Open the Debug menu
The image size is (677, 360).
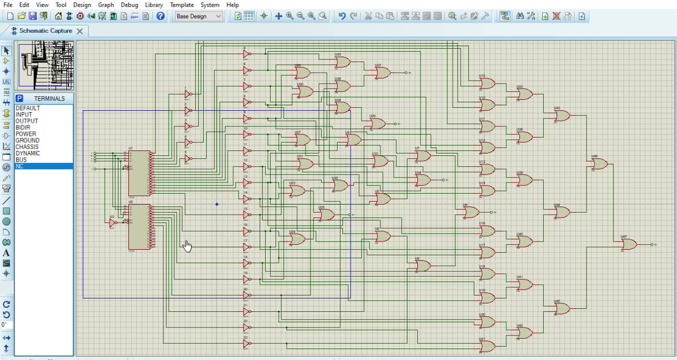coord(129,4)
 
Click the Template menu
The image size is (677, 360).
coord(182,4)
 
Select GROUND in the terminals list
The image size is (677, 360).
coord(28,140)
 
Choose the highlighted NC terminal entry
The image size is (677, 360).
coord(20,166)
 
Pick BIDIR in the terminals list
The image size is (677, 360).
coord(23,127)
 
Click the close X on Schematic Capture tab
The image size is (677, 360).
coord(80,31)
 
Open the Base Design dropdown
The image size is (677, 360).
coord(199,16)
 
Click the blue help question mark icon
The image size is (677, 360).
coord(160,16)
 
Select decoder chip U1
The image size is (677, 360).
coord(139,174)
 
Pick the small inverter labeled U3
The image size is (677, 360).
coord(113,222)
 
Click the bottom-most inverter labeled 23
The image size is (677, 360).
coord(246,343)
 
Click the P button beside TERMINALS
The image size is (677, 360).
coord(20,98)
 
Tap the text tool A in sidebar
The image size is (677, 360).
coord(6,253)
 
